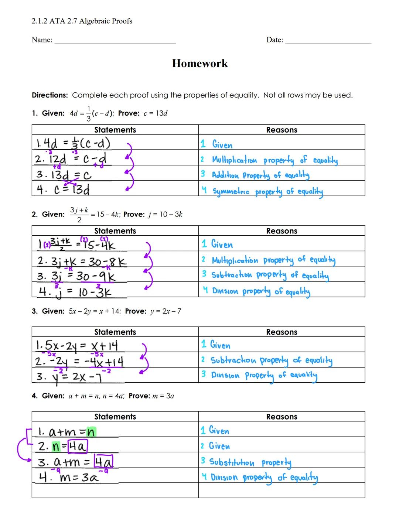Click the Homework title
point(200,64)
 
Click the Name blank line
point(115,42)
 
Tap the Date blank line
point(328,42)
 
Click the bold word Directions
point(50,95)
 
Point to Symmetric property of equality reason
point(267,191)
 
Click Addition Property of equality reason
point(260,175)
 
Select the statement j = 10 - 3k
point(76,292)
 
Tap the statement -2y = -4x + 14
point(79,361)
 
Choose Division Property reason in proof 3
point(263,375)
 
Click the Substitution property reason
point(250,462)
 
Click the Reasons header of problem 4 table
point(282,417)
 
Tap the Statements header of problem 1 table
point(115,130)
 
